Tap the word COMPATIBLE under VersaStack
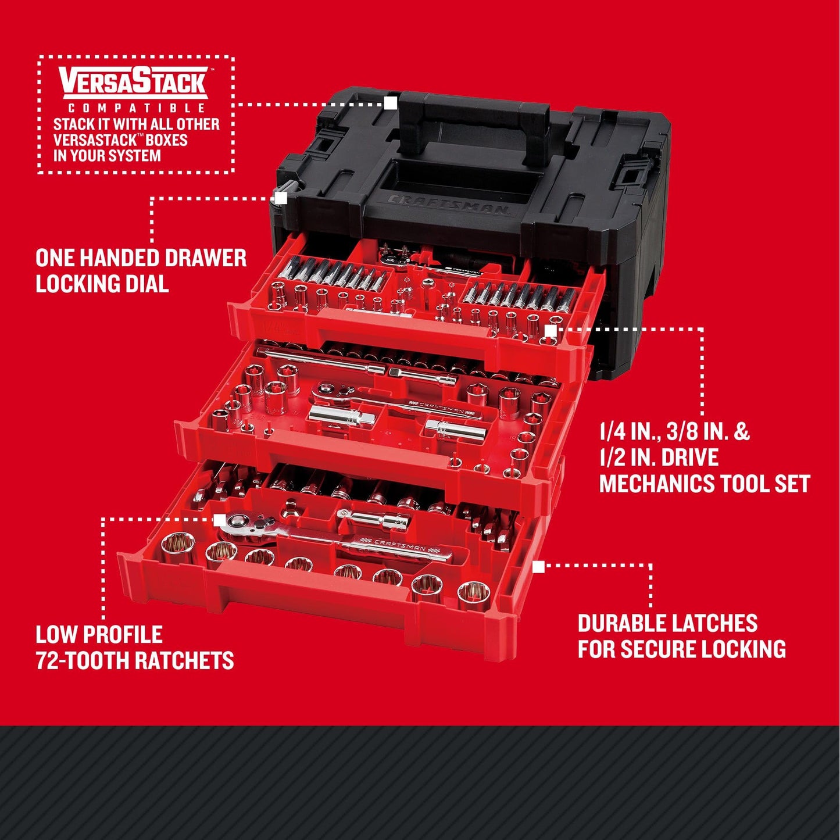(137, 108)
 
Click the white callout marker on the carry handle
(391, 103)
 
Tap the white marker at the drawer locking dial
(281, 198)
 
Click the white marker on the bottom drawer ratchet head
(220, 519)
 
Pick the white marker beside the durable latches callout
(539, 566)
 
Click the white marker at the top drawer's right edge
(550, 331)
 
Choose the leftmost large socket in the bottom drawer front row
(176, 548)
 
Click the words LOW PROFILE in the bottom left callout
(99, 634)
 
